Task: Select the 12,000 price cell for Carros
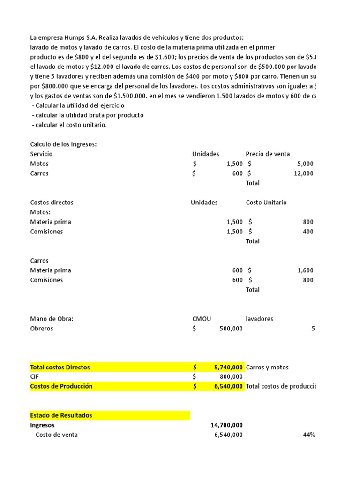303,173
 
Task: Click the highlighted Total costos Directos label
60,367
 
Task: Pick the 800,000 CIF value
231,376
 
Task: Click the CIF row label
35,376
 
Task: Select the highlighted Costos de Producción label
61,386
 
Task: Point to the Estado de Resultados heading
61,415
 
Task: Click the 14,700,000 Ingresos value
227,425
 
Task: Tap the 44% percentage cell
309,435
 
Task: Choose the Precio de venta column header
268,154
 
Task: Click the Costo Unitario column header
266,202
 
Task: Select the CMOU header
202,319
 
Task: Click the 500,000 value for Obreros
231,329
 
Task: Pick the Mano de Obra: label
52,319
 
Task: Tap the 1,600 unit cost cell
305,270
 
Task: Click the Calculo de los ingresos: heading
63,144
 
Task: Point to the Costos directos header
52,202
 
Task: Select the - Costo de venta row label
54,435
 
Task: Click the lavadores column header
259,319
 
